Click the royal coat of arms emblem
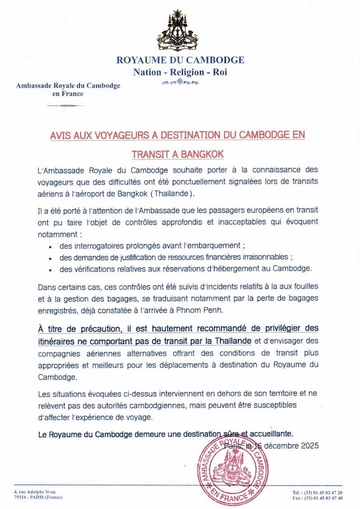180,30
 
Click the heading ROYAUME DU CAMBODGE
181,60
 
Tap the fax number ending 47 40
322,498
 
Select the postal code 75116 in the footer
23,498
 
